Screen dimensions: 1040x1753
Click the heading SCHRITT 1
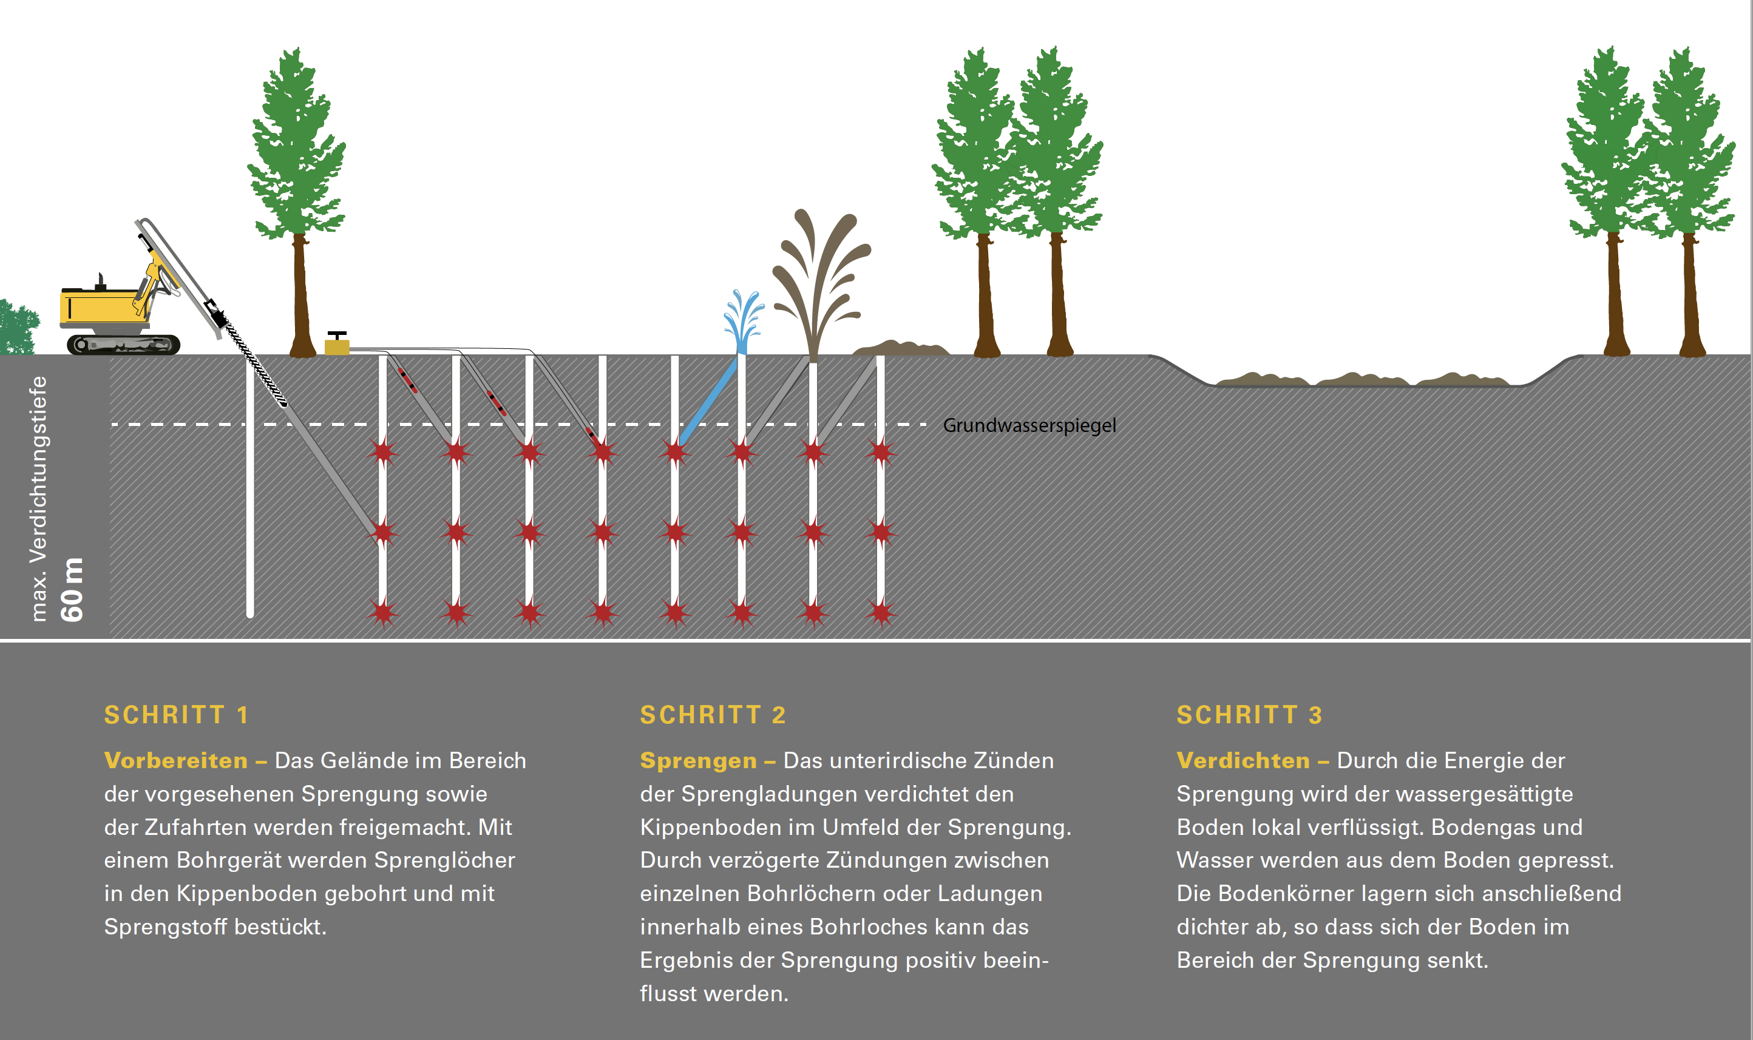176,715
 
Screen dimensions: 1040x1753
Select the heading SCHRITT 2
712,715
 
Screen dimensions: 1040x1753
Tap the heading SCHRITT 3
1249,715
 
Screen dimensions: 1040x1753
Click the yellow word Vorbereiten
176,760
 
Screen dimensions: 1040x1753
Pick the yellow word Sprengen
698,760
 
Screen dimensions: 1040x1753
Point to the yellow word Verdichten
1243,760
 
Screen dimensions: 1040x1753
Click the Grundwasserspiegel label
1029,425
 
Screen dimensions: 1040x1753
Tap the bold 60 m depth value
72,590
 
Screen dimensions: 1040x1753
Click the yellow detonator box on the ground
336,346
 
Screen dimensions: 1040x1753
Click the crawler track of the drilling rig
123,344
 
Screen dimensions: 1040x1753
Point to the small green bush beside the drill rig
17,328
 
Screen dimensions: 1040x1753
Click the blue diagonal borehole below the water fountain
708,403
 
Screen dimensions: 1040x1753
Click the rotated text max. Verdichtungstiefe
39,498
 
